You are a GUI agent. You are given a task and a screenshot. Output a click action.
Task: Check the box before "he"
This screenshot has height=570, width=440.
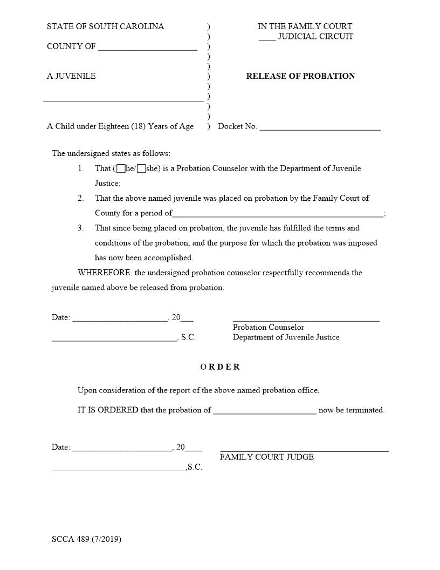(121, 168)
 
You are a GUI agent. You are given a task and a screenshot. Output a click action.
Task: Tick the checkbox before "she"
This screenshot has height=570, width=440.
(141, 168)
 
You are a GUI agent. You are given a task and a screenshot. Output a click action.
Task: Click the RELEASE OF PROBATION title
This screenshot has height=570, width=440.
(300, 76)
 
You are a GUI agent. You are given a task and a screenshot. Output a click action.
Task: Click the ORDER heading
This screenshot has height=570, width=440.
(220, 367)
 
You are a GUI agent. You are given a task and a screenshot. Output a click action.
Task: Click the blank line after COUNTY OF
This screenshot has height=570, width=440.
(148, 49)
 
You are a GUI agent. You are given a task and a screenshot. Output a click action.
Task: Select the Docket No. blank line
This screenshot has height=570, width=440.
(320, 129)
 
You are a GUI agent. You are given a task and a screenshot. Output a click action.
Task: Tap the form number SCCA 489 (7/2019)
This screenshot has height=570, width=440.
(86, 539)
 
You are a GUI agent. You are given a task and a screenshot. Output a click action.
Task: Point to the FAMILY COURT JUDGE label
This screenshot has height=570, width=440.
(266, 457)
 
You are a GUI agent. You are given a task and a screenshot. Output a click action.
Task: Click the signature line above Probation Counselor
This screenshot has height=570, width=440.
(306, 320)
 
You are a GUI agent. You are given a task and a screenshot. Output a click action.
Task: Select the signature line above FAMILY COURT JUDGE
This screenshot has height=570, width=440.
(304, 450)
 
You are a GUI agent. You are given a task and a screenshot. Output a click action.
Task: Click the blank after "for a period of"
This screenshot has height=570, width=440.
(278, 215)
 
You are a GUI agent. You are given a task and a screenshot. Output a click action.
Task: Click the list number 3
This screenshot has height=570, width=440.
(80, 228)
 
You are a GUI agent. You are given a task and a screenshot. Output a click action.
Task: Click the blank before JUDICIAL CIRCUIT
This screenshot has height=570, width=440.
(267, 39)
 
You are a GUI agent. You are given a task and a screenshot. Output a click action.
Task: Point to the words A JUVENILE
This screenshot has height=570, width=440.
(71, 76)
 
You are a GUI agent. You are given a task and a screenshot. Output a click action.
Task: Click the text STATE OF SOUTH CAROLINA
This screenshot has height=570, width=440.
(106, 26)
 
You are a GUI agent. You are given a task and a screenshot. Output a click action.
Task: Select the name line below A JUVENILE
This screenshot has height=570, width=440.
(123, 100)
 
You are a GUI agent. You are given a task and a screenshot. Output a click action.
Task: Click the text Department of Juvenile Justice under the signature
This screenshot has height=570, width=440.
(286, 337)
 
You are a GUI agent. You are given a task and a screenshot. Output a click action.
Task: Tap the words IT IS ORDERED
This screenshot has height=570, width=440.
(107, 410)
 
